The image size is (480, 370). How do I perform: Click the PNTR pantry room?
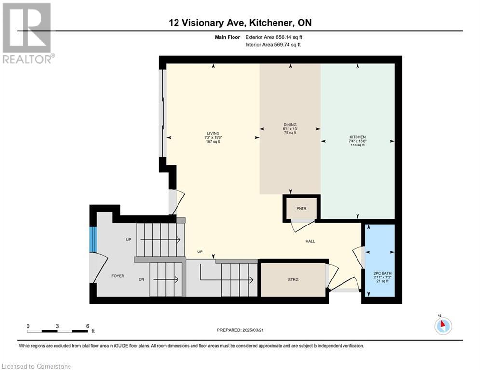click(302, 208)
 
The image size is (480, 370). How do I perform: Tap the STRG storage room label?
click(293, 280)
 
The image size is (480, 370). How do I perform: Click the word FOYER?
click(118, 276)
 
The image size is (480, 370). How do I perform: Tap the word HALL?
click(310, 241)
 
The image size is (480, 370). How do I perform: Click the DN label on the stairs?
click(141, 279)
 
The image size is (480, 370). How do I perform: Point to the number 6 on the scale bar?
click(87, 326)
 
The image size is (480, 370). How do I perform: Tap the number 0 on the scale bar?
click(28, 326)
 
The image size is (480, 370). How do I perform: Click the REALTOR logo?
click(28, 33)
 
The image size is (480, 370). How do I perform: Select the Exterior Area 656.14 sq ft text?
click(274, 37)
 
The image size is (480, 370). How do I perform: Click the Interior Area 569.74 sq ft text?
click(273, 45)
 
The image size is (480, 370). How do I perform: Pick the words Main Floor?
click(227, 37)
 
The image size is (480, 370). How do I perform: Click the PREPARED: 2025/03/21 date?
click(240, 330)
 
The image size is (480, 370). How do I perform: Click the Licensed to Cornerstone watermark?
click(37, 366)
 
